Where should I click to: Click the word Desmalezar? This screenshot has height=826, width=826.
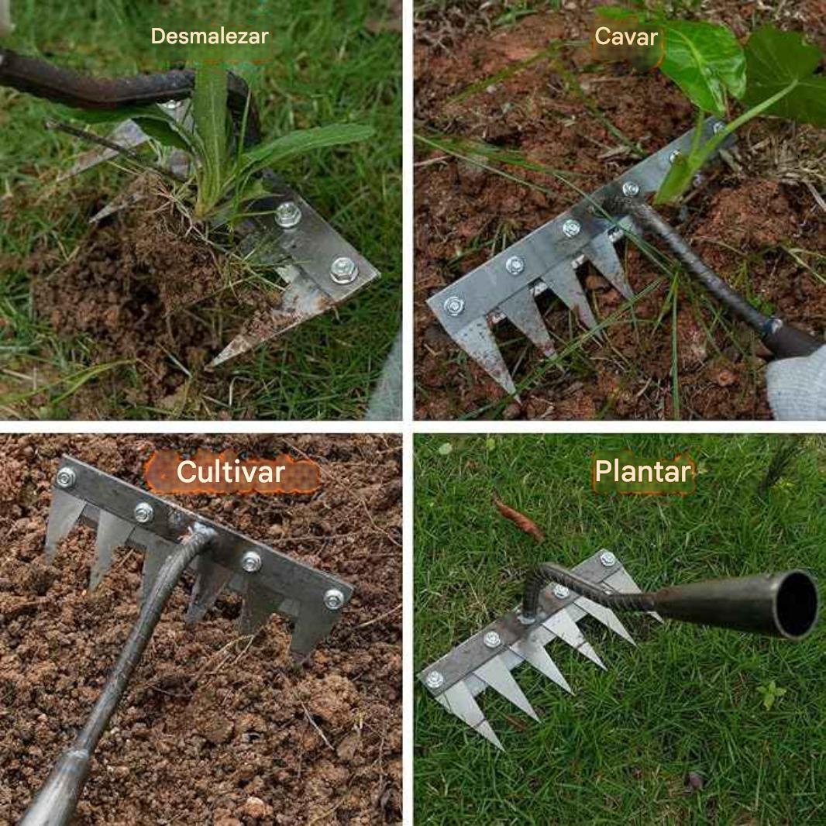coord(210,36)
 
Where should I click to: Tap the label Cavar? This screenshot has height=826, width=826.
coord(626,37)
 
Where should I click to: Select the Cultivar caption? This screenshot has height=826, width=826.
coord(231,471)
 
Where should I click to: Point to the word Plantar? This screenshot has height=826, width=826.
coord(642,471)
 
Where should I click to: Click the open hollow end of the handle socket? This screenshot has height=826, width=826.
coord(796,604)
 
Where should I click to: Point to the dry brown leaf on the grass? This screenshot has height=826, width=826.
coord(518,519)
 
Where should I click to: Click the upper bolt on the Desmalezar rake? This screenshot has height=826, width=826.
coord(287,215)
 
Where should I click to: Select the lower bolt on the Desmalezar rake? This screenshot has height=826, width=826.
coord(344,270)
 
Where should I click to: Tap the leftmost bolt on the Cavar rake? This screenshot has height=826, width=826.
coord(453,305)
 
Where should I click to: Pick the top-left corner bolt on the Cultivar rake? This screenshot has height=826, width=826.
coord(66,477)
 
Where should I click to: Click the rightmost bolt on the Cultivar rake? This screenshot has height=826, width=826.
coord(333,599)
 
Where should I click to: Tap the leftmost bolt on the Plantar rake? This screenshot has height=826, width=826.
coord(435,680)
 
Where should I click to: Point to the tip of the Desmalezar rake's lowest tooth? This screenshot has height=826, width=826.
coord(211,364)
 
